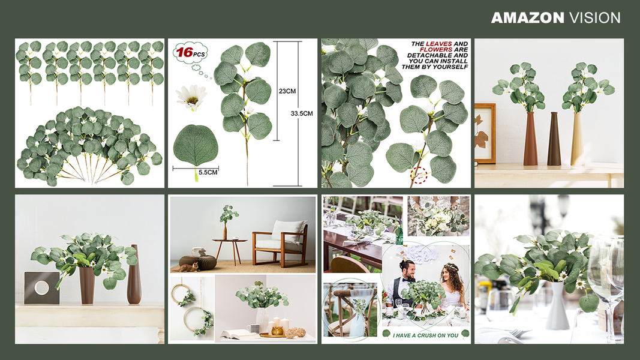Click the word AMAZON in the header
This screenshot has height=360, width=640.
[x=528, y=17]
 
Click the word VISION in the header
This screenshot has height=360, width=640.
[x=594, y=17]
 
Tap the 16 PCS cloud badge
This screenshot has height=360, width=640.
[x=191, y=53]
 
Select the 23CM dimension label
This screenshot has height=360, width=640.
[x=287, y=91]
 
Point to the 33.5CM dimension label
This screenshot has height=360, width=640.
[x=302, y=113]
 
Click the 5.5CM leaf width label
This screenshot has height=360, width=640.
[x=208, y=172]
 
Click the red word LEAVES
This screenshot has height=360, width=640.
[x=439, y=44]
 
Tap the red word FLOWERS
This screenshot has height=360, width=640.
[x=436, y=49]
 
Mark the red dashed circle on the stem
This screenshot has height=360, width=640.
[x=419, y=176]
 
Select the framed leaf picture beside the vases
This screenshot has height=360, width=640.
[x=485, y=133]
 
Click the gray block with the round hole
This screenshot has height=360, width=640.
[x=41, y=288]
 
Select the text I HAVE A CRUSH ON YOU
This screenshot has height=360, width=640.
[x=425, y=335]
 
